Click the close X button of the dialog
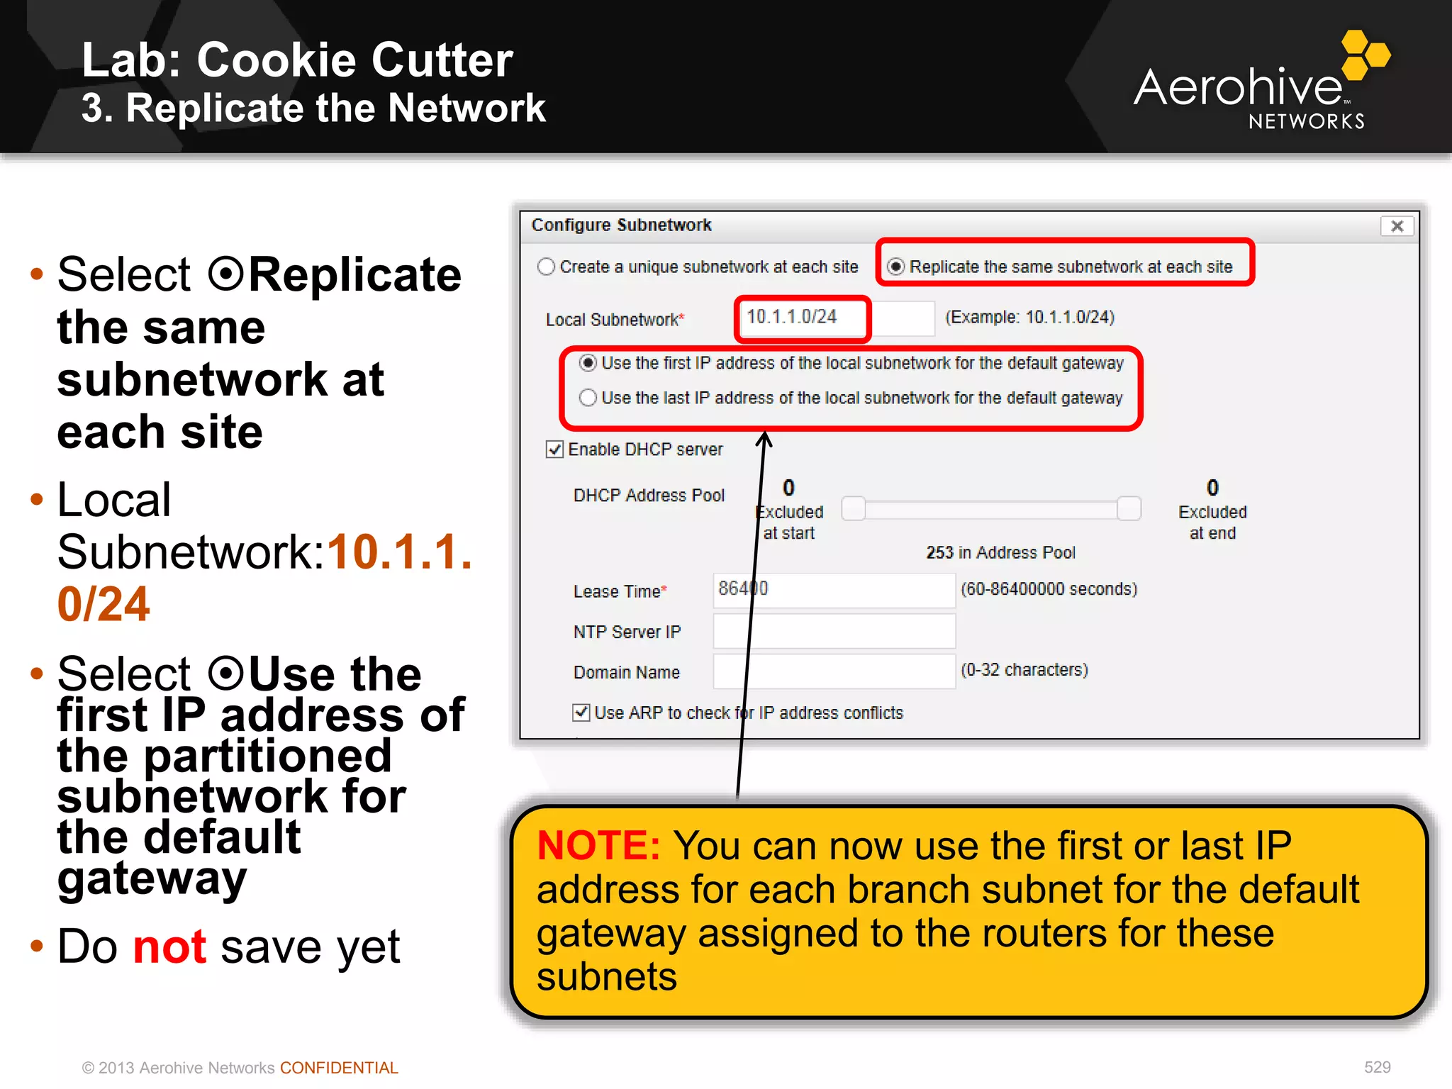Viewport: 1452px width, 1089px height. [x=1397, y=226]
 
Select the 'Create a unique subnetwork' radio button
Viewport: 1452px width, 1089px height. [x=546, y=267]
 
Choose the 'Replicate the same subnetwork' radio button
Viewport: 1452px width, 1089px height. [x=896, y=267]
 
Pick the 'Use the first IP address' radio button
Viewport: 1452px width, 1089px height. [x=588, y=363]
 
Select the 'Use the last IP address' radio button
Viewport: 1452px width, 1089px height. [x=588, y=398]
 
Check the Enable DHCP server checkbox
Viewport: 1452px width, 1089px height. [x=554, y=449]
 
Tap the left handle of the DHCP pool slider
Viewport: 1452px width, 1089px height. [x=854, y=508]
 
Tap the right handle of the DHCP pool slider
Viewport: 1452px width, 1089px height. [x=1129, y=508]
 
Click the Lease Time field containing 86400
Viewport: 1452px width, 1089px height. [x=834, y=590]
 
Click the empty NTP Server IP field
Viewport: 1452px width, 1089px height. [x=834, y=631]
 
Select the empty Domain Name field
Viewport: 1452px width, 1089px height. [x=834, y=671]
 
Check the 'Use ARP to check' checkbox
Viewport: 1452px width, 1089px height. [x=581, y=713]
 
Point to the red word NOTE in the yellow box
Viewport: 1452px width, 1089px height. [x=598, y=846]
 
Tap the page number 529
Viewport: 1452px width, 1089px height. [x=1377, y=1067]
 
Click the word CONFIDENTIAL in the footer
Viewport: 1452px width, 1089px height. [x=339, y=1068]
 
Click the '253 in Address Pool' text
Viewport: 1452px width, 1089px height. [x=1000, y=552]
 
